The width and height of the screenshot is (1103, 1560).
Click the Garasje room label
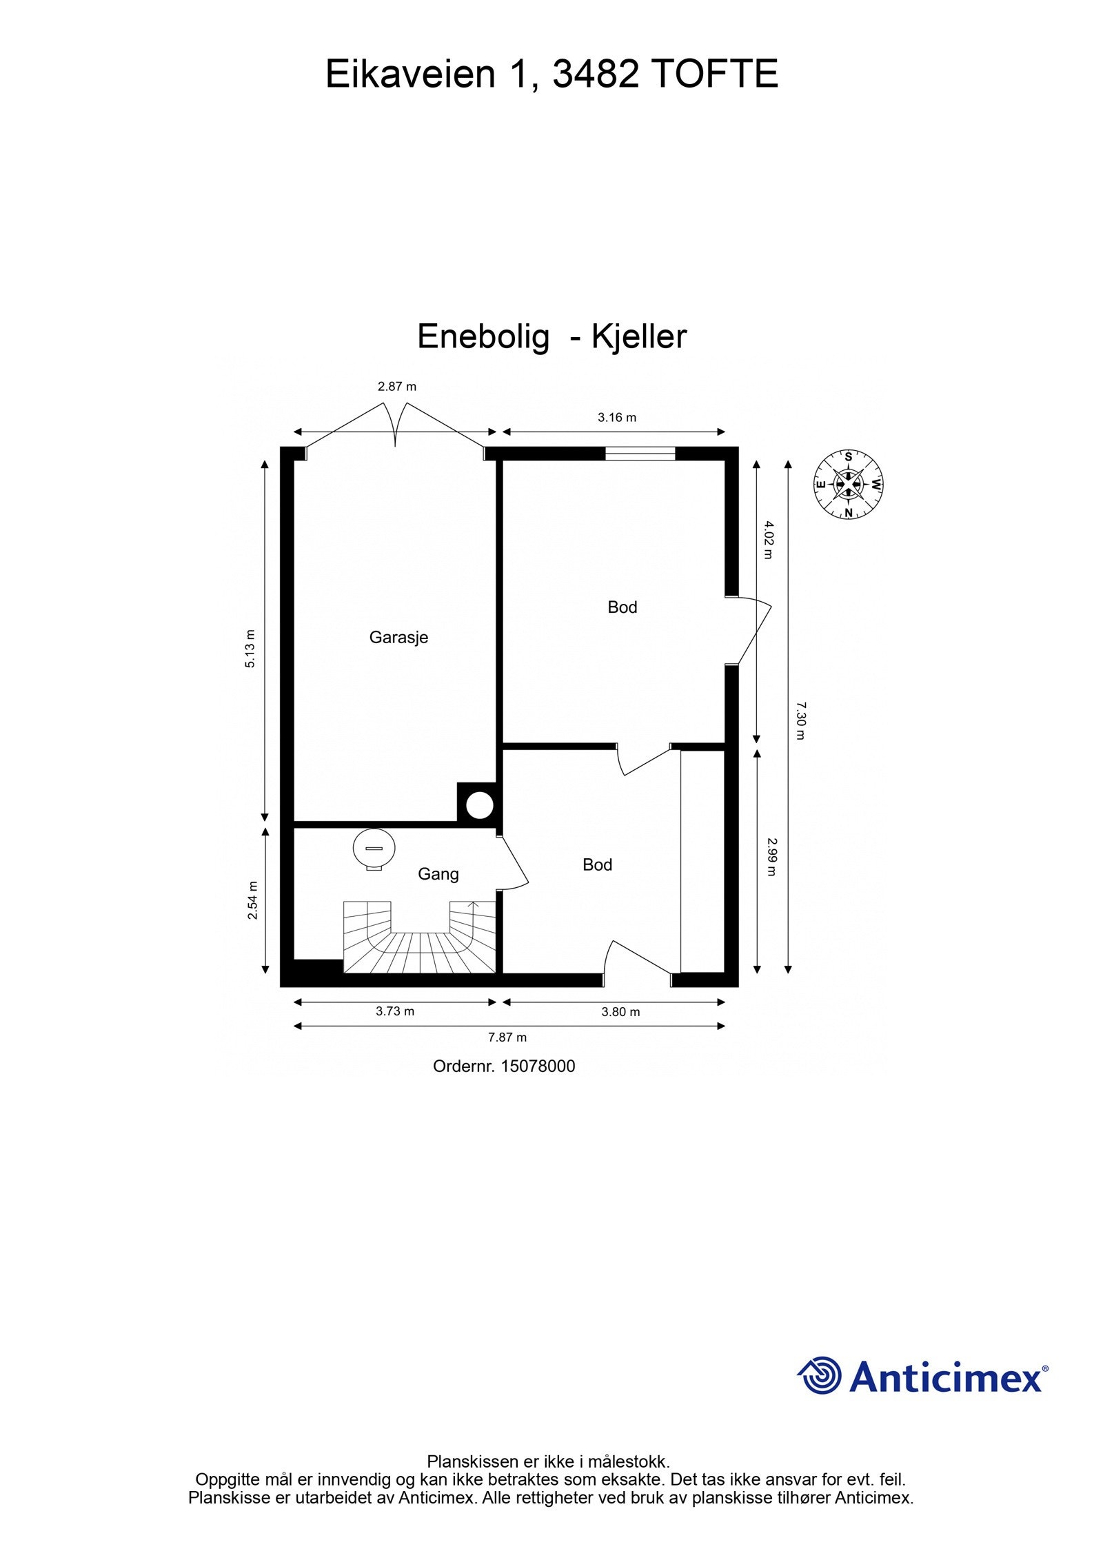pos(398,637)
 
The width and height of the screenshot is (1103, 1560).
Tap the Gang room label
pos(438,874)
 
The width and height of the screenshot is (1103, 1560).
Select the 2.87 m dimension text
pos(396,387)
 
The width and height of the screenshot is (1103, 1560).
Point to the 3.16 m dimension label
pos(616,417)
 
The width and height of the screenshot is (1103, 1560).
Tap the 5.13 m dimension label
pos(251,648)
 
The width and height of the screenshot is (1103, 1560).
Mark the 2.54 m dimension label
pos(253,900)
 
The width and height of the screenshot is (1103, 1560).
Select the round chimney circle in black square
pos(479,805)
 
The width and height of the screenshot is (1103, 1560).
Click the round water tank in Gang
pos(374,848)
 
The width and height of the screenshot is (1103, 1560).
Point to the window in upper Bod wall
pos(640,453)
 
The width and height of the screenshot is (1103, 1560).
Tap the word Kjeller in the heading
pos(639,337)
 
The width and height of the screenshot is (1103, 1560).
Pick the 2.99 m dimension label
pos(771,856)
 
